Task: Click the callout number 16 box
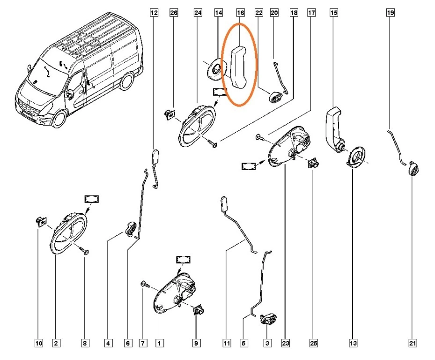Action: [x=240, y=13]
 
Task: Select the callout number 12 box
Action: [x=154, y=13]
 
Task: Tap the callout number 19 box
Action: [x=390, y=13]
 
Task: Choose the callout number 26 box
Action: [x=173, y=13]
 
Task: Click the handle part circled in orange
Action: [x=240, y=66]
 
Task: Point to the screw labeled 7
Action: [x=144, y=284]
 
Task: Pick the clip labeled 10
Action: [x=41, y=221]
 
